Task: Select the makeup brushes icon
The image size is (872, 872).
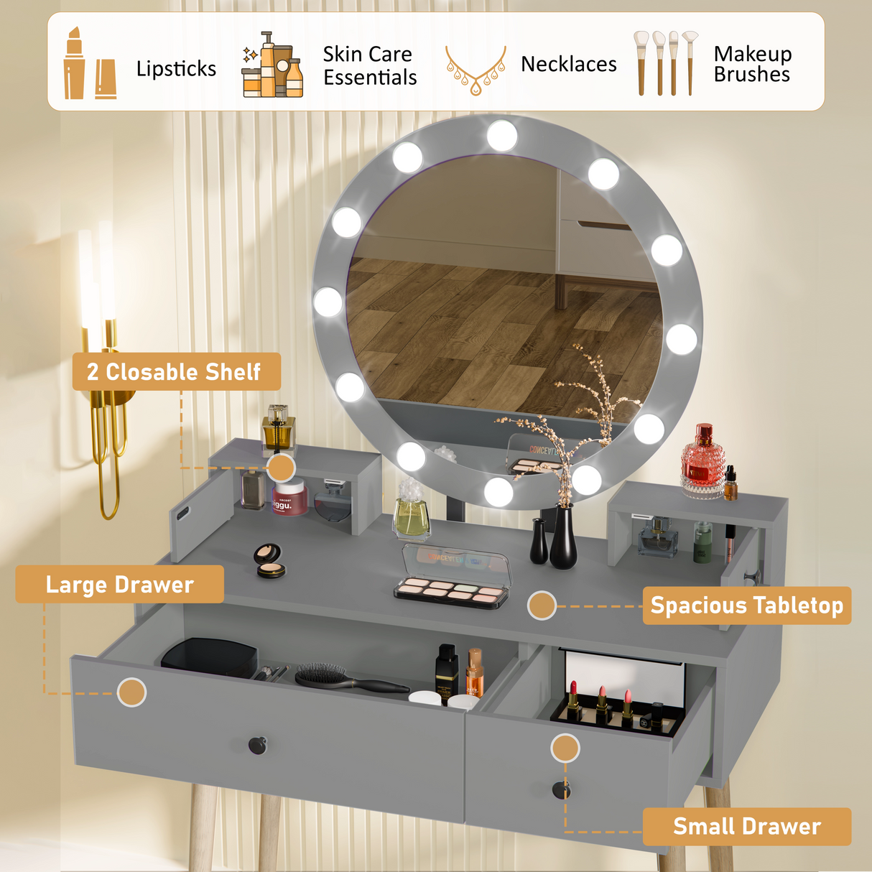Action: [664, 63]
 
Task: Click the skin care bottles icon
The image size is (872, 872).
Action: [272, 65]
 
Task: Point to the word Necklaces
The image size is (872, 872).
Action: [568, 65]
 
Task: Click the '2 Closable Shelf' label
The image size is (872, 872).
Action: [176, 371]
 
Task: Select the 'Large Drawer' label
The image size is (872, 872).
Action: [119, 585]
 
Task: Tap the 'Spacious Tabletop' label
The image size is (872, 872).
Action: [746, 606]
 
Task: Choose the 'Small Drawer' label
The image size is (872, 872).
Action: [746, 827]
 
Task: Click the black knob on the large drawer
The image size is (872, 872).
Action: [258, 746]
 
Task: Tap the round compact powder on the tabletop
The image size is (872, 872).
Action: [269, 561]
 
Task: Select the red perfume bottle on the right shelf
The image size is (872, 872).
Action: [702, 460]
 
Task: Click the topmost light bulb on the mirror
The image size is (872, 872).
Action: [501, 135]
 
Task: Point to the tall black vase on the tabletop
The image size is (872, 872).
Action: [563, 537]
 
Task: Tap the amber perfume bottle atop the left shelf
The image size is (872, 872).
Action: [278, 429]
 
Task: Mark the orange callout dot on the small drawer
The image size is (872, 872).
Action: [565, 748]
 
